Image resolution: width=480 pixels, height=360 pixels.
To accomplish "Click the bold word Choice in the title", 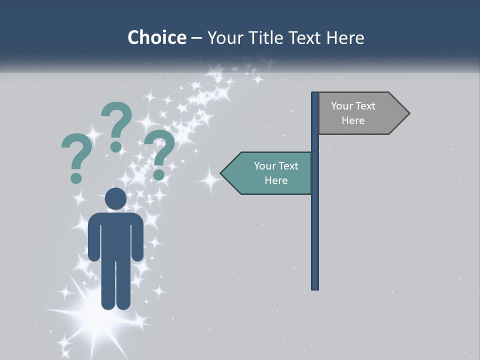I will point(156,37).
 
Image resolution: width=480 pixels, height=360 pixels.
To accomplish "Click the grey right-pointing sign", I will point(357,113).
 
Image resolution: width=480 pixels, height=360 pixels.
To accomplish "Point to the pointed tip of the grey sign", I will point(408,113).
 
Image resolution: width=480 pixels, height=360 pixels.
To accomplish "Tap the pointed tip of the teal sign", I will point(221,173).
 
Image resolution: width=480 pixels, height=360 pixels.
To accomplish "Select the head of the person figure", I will point(115,198).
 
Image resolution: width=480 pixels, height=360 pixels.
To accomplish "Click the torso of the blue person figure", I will point(115,235).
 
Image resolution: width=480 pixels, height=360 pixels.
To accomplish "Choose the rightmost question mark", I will point(159,152).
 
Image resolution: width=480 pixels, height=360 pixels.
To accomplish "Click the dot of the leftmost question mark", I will point(76,178).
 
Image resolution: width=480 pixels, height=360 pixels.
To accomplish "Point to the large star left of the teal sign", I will point(210,178).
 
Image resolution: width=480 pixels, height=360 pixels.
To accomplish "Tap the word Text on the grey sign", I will point(365,106).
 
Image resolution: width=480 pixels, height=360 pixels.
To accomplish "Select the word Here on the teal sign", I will point(276,180).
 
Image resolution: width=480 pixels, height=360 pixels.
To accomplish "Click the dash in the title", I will point(196,38).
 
